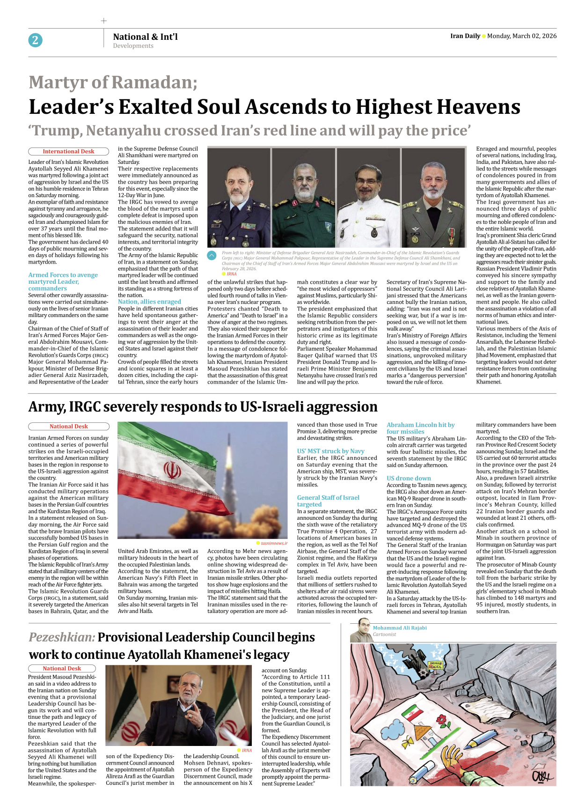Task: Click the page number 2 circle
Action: [35, 40]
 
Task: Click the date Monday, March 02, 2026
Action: [521, 36]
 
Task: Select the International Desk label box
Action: [68, 151]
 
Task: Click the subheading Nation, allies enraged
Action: [149, 302]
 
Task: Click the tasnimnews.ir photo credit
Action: [274, 543]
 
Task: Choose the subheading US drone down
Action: [409, 478]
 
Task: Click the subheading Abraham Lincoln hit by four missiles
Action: [420, 428]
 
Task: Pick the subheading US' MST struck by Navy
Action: [330, 451]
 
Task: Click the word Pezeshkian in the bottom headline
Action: [61, 637]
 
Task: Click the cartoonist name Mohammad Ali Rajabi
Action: [399, 628]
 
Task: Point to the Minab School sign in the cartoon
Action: [435, 664]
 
